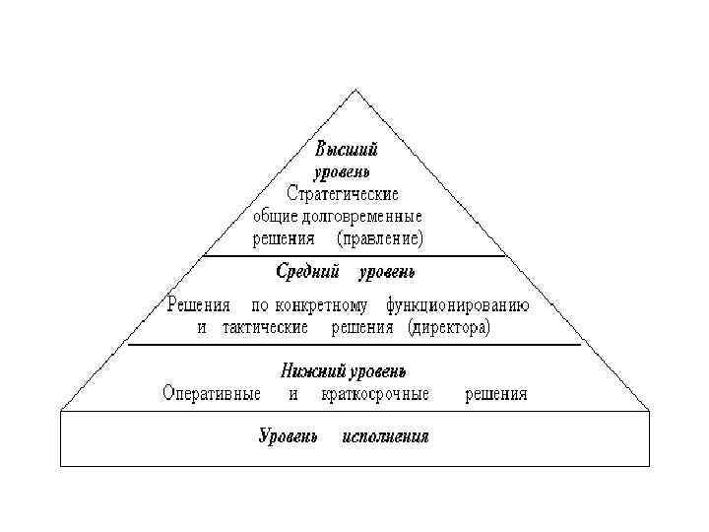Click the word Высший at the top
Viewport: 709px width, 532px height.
click(346, 150)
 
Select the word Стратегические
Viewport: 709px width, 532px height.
click(342, 193)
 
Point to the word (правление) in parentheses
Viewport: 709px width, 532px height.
click(380, 237)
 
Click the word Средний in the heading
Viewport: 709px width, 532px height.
click(308, 270)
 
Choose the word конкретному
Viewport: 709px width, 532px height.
click(323, 304)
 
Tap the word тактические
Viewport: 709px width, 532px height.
click(266, 326)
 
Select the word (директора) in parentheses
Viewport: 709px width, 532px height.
click(448, 326)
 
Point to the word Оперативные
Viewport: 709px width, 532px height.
click(212, 394)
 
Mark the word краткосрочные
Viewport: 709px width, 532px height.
click(375, 394)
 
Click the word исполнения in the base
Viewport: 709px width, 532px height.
click(385, 436)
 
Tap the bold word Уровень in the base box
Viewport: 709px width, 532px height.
click(288, 436)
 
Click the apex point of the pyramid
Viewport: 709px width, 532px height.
click(356, 91)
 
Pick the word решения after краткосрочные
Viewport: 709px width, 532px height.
click(494, 394)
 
